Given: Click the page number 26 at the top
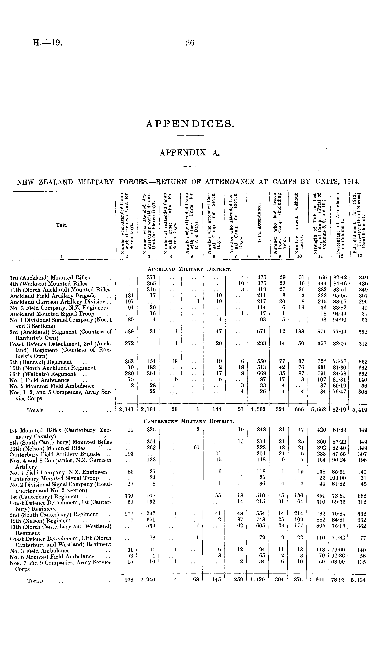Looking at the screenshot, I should [190, 42].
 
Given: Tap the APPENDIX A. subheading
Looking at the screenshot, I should [190, 153].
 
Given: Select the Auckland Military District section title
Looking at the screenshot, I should [190, 269].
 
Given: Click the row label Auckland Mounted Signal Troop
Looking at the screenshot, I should [52, 314].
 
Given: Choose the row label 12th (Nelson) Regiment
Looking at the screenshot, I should [40, 520].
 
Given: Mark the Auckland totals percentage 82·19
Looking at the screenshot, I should [339, 410].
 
